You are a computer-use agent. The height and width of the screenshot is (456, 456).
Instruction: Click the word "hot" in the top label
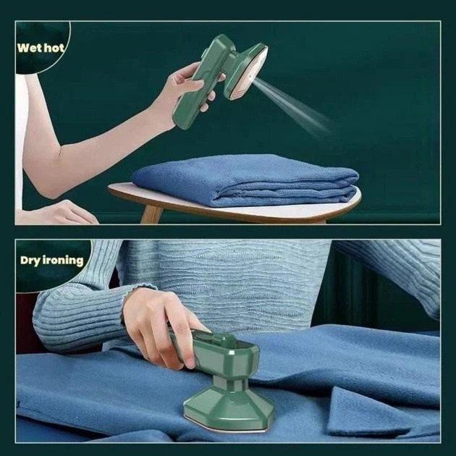click(x=55, y=49)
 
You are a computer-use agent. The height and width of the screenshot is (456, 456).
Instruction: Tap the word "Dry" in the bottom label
click(x=32, y=260)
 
